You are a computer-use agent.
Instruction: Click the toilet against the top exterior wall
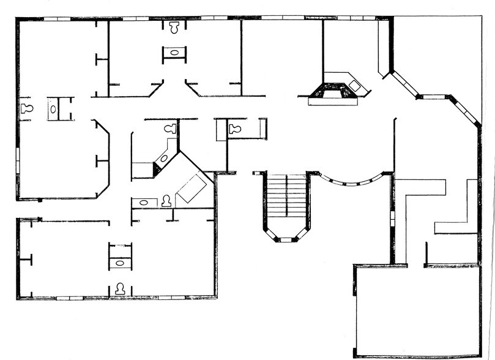click(x=174, y=28)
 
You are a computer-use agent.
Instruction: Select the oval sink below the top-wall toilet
click(x=175, y=53)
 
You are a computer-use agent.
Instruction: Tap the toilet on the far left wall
click(x=26, y=109)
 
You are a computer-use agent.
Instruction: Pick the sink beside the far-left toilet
click(x=54, y=109)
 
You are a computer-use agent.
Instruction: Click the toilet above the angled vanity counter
click(x=171, y=128)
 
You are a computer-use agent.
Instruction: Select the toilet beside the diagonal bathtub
click(x=166, y=200)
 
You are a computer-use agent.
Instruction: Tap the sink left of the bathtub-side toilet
click(x=144, y=201)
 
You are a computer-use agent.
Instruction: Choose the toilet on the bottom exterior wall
click(x=120, y=287)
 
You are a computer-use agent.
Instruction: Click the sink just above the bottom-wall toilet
click(x=120, y=263)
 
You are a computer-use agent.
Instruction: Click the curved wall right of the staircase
click(x=352, y=181)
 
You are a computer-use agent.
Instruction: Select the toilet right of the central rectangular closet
click(x=234, y=129)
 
